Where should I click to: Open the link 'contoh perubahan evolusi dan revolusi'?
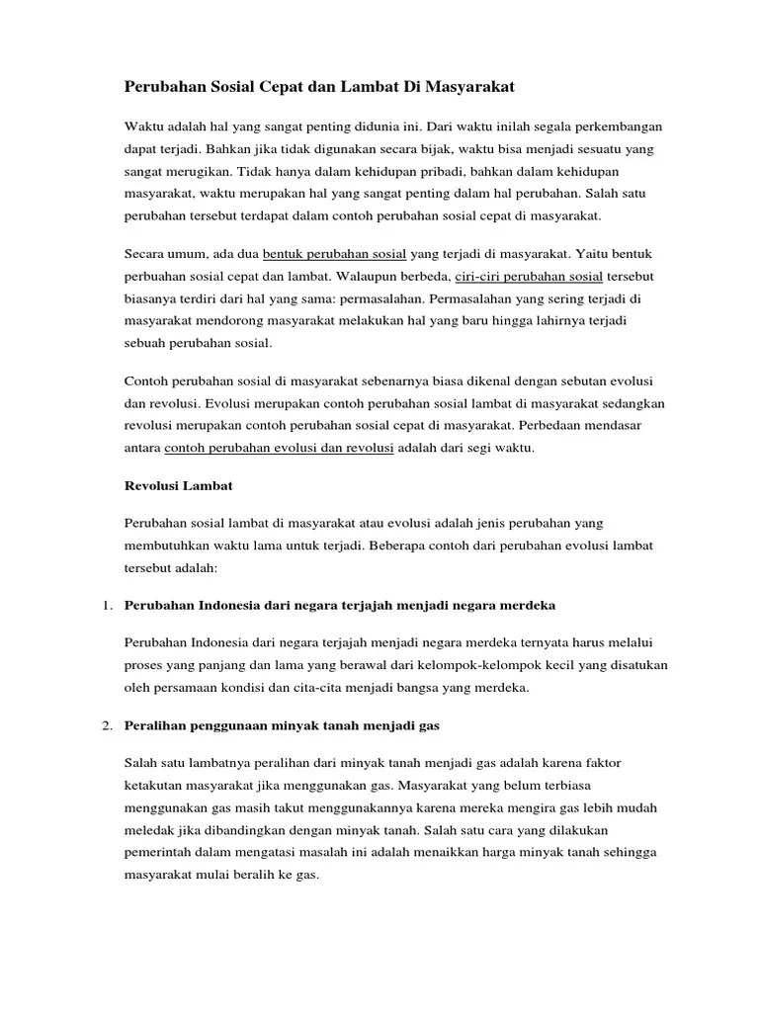point(280,448)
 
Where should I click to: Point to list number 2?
point(106,724)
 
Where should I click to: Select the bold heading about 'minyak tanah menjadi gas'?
point(283,724)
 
